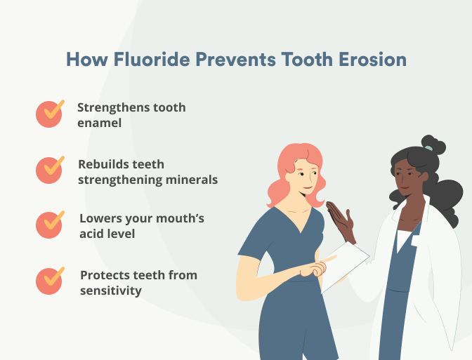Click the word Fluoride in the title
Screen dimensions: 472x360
152,59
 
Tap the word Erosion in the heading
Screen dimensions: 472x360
373,59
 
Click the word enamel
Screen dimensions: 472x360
99,123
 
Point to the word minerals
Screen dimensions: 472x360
192,180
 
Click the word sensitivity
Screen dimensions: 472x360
111,291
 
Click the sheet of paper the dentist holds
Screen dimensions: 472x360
345,267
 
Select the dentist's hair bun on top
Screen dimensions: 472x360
433,144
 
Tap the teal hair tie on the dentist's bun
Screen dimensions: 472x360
428,148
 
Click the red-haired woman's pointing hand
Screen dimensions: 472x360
317,267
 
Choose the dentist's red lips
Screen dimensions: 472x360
405,187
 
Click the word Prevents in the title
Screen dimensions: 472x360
236,59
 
